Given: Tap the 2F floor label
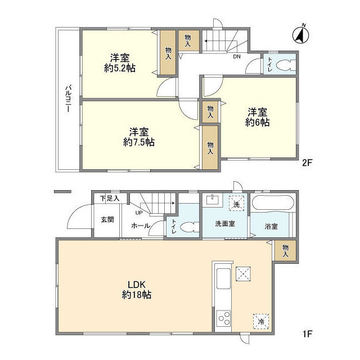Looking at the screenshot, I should coord(307,164).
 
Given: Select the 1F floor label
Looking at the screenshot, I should coord(307,334).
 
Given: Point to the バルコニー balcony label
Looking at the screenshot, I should coord(67,100).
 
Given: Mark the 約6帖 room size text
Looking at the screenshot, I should coord(257,122).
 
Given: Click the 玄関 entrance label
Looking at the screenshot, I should coord(107,219).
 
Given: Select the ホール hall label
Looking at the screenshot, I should coord(140,226).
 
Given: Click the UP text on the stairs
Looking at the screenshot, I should coord(138,213).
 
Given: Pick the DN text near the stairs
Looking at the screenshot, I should coord(237,57).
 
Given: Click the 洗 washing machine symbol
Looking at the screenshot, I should coord(237,204).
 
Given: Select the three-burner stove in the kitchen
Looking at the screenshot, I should coord(224,318).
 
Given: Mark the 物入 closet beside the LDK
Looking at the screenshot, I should coord(286,250).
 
